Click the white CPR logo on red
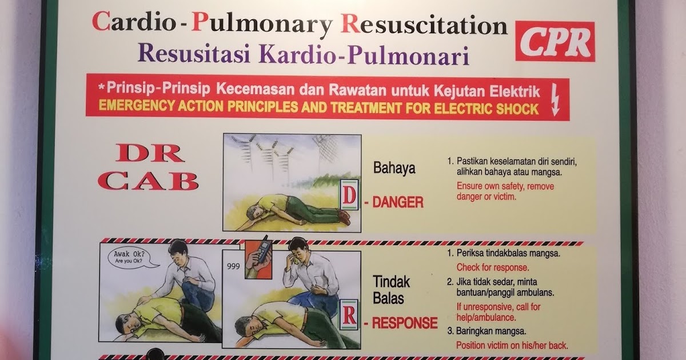tap(555, 41)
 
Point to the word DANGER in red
tap(398, 202)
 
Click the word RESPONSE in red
tap(405, 323)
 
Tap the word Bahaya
tap(394, 169)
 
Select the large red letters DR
tap(150, 153)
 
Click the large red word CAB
tap(148, 181)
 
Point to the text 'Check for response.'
tap(492, 267)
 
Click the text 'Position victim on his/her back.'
tap(512, 345)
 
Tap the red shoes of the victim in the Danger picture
tap(344, 217)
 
